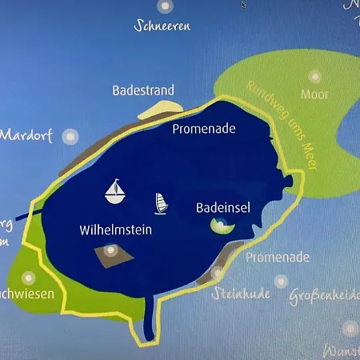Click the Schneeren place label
162,26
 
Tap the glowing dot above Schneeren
165,6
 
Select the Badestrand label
144,91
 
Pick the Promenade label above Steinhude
278,258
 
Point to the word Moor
314,94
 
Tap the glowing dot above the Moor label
315,77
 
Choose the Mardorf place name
26,135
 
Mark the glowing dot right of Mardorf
69,135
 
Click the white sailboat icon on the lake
117,190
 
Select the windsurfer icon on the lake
162,202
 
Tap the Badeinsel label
223,207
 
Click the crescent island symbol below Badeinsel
220,227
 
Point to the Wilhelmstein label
116,230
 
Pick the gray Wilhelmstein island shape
110,254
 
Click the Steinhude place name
242,294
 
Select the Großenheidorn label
325,294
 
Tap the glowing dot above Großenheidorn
281,281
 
